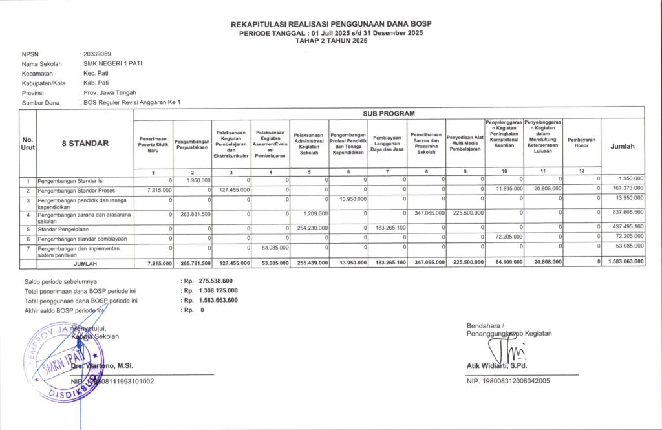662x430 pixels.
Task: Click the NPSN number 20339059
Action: coord(96,54)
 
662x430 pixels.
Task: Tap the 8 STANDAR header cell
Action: coord(85,144)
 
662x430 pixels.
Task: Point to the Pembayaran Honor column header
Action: coord(581,144)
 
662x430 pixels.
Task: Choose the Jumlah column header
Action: coord(623,147)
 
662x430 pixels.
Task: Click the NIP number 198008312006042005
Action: coord(508,381)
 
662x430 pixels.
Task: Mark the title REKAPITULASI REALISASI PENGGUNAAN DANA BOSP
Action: coord(330,24)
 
